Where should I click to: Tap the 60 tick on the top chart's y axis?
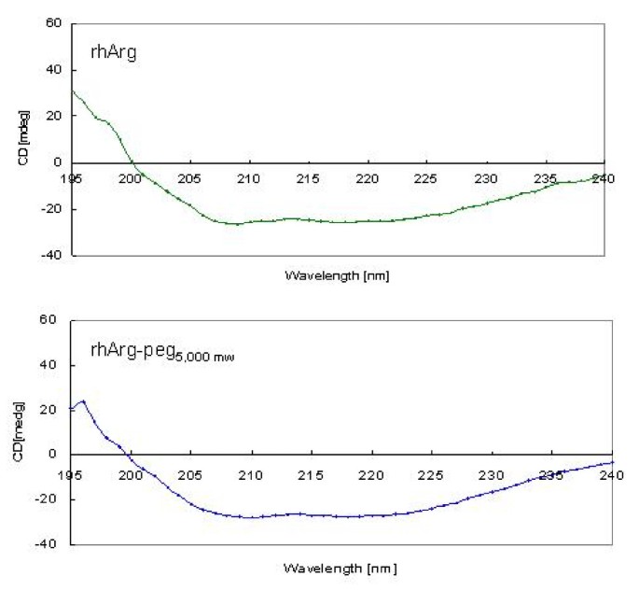point(52,23)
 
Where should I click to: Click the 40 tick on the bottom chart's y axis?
point(52,365)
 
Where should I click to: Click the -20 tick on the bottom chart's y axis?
point(50,499)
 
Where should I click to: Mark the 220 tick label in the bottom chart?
point(371,473)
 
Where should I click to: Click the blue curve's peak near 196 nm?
point(83,401)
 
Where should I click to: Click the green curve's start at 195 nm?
point(72,91)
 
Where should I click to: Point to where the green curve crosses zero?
point(133,162)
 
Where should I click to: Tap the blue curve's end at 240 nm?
point(612,462)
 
